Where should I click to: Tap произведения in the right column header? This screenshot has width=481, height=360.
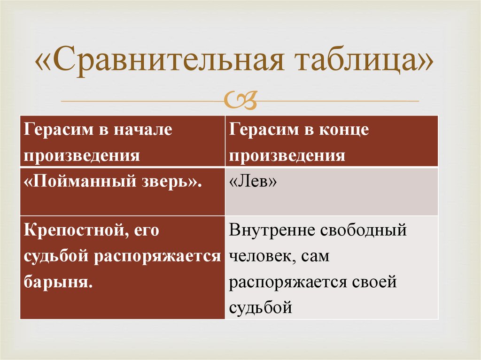tap(287, 155)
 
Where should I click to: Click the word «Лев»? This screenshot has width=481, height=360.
tap(253, 182)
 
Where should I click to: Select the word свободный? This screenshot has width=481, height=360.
tap(364, 231)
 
